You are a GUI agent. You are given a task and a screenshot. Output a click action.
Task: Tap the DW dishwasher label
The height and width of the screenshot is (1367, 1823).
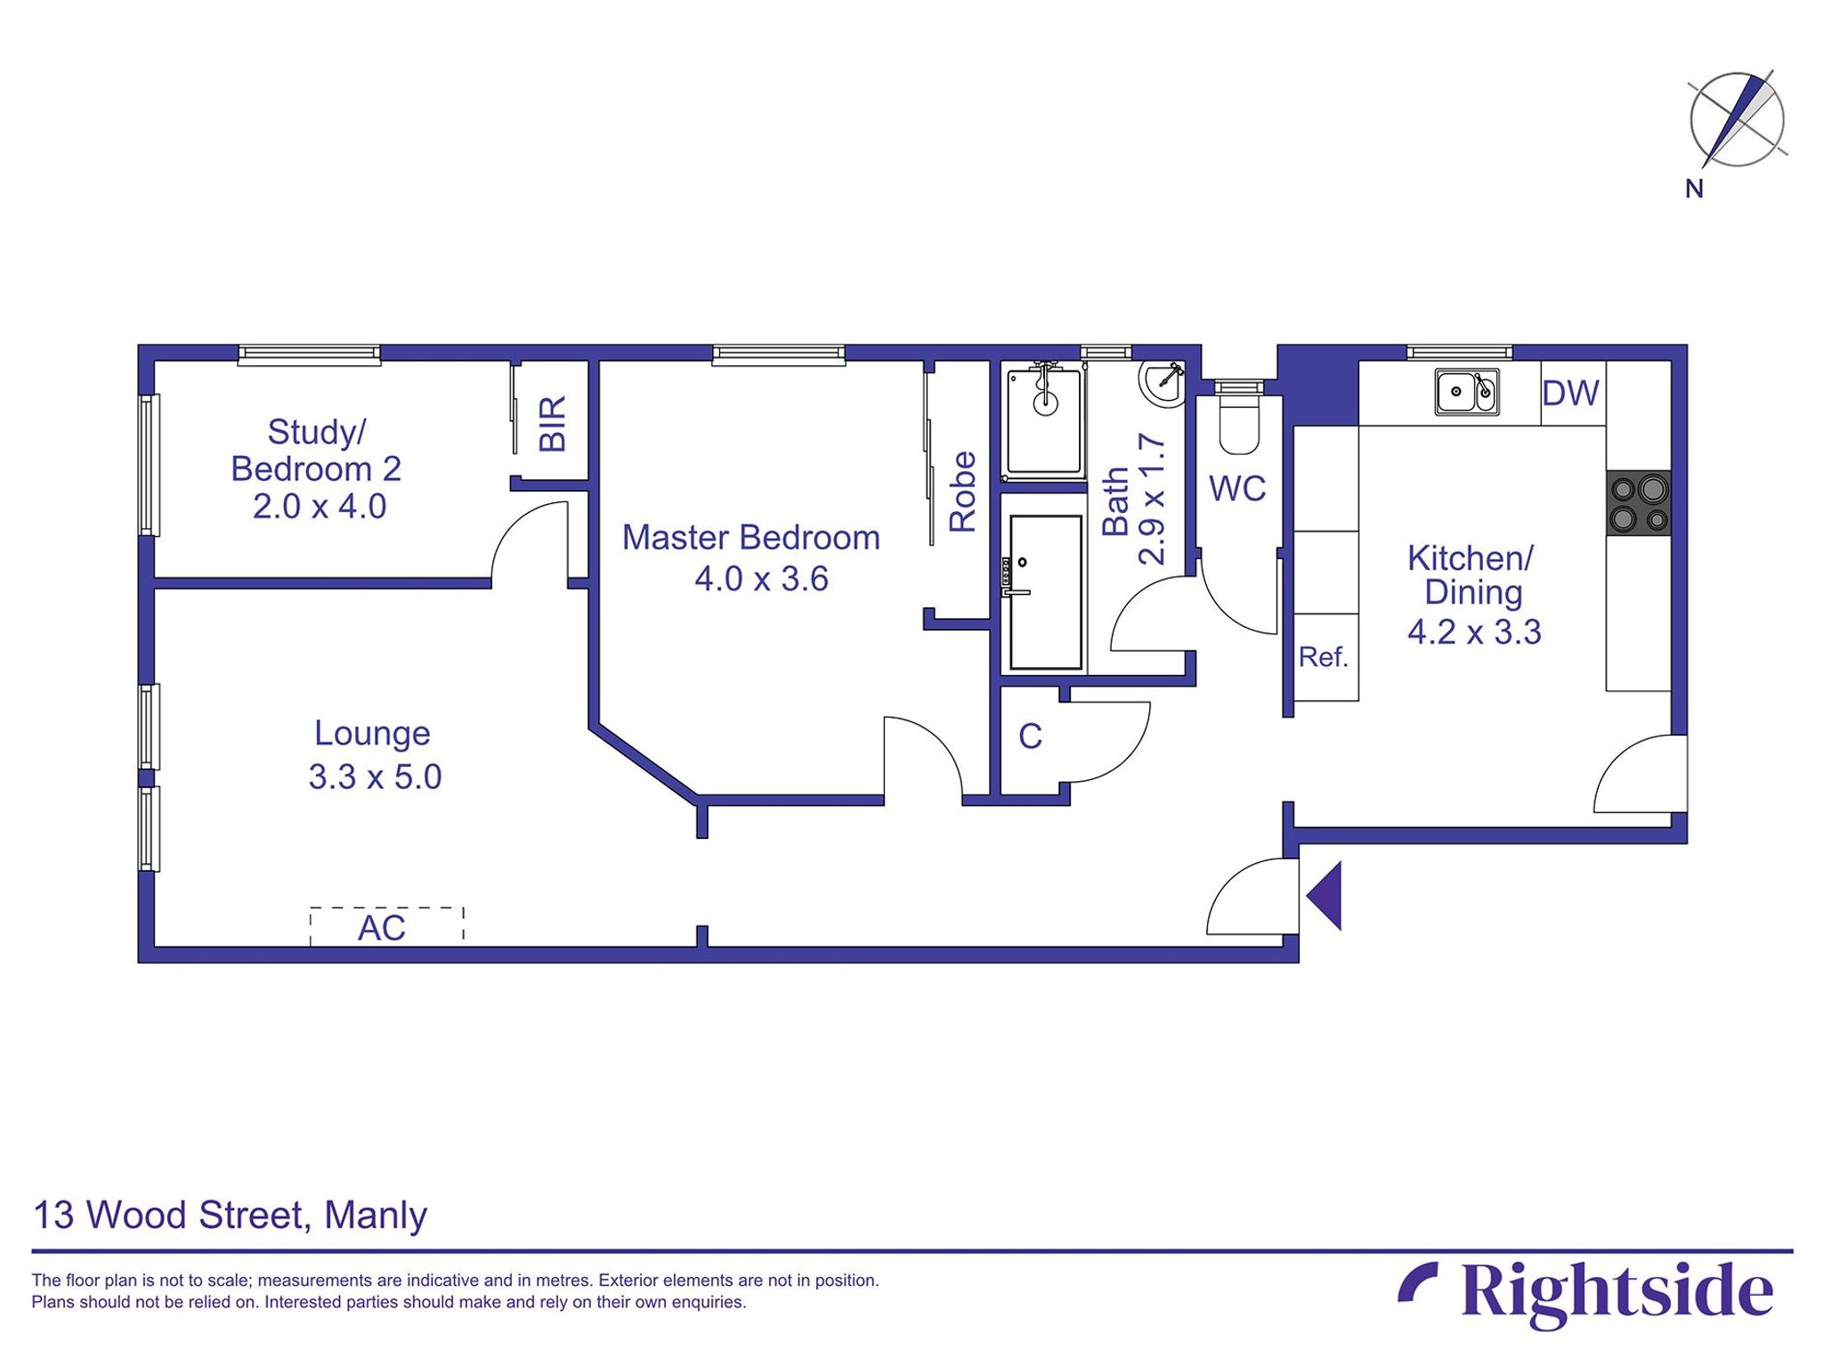1570,393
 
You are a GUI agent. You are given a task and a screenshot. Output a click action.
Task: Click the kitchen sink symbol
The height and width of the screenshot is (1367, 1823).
1466,392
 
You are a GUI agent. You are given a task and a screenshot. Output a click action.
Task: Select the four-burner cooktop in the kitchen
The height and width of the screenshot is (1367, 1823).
1638,503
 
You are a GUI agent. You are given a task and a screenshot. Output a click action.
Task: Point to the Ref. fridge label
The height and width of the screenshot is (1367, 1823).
1324,657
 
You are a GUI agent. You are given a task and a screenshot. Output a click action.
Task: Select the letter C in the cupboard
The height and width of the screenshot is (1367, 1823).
1030,736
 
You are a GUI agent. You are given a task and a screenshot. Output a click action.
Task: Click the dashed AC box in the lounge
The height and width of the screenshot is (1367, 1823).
386,926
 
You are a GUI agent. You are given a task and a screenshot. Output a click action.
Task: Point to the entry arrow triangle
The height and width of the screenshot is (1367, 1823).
1326,896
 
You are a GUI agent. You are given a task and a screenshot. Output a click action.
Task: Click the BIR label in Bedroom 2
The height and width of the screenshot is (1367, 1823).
553,424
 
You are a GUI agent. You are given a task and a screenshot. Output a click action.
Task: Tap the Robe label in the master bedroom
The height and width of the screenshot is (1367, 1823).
962,492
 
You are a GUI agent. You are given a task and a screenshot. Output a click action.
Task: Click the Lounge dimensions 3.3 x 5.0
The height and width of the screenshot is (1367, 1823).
375,777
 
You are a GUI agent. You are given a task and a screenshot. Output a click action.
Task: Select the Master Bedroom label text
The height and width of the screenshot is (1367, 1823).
750,538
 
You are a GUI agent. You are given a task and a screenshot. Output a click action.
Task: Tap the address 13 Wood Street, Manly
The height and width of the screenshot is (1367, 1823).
230,1216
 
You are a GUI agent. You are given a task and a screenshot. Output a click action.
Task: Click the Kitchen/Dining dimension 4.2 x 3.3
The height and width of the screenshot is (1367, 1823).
1473,631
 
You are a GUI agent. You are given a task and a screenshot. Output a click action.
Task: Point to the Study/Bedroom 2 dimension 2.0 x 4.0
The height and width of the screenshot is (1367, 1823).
319,507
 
